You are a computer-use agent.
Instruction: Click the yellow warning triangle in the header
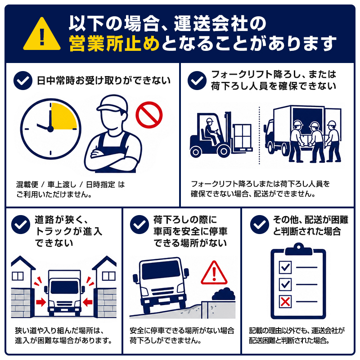[42, 35]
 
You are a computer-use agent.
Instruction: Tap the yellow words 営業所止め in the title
[114, 43]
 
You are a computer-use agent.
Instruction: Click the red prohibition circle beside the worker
[149, 115]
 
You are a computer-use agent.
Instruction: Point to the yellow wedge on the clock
[63, 116]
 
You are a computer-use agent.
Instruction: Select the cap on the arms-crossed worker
[112, 103]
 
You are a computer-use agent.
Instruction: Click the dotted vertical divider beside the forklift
[260, 135]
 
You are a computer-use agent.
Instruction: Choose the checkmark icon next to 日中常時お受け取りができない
[23, 81]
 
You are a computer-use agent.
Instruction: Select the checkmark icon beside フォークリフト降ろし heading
[197, 81]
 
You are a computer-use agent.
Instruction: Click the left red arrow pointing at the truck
[41, 302]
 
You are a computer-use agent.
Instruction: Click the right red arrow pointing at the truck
[87, 302]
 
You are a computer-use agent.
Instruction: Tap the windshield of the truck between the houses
[64, 287]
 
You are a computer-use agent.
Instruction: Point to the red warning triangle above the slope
[214, 273]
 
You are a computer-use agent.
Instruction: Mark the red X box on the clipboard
[285, 301]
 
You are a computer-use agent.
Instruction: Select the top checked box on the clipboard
[285, 267]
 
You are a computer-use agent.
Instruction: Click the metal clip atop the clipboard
[298, 249]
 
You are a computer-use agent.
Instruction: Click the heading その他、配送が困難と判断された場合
[310, 225]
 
